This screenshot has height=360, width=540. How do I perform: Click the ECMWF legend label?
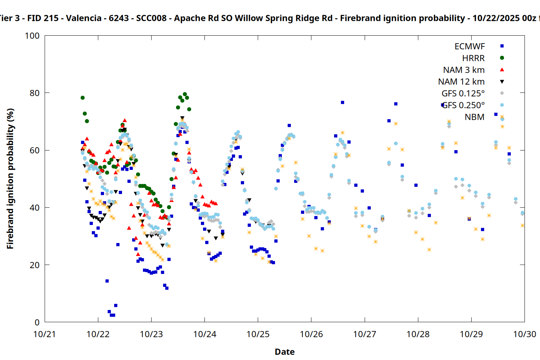point(469,46)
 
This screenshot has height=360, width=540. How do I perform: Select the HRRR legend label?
point(473,58)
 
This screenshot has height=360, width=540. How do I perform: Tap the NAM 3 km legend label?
point(464,70)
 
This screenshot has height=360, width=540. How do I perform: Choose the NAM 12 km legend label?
point(461,82)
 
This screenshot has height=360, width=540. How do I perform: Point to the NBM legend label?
point(474,117)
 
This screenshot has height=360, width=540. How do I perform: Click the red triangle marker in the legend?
point(502,69)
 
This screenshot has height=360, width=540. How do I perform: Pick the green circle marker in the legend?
point(502,58)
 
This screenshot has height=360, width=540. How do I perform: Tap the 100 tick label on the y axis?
point(32,36)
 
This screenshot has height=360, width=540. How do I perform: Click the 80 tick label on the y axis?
point(35,93)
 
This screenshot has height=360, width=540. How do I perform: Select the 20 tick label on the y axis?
point(35,265)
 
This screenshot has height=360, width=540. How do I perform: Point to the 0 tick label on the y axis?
point(37,323)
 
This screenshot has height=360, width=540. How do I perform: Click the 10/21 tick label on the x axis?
point(45,334)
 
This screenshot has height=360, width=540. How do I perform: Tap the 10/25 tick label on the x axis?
point(258,334)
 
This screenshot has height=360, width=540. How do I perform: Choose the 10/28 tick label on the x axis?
point(418,334)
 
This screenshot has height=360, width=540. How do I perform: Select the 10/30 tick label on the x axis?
point(525,334)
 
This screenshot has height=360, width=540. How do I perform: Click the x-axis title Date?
point(284,352)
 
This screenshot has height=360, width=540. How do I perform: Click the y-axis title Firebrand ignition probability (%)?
point(10,179)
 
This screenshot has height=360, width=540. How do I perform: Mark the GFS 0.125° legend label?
point(463,94)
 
